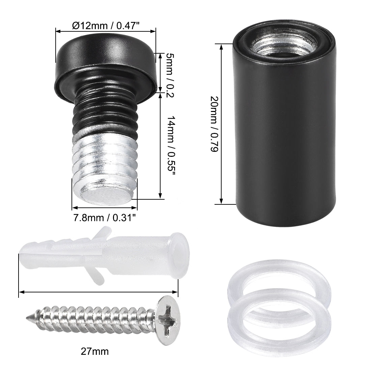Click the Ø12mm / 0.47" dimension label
pyautogui.click(x=106, y=26)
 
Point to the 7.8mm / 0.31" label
pyautogui.click(x=105, y=218)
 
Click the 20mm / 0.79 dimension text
pyautogui.click(x=213, y=125)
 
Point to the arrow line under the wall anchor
pyautogui.click(x=98, y=292)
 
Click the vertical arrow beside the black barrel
pyautogui.click(x=221, y=125)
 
